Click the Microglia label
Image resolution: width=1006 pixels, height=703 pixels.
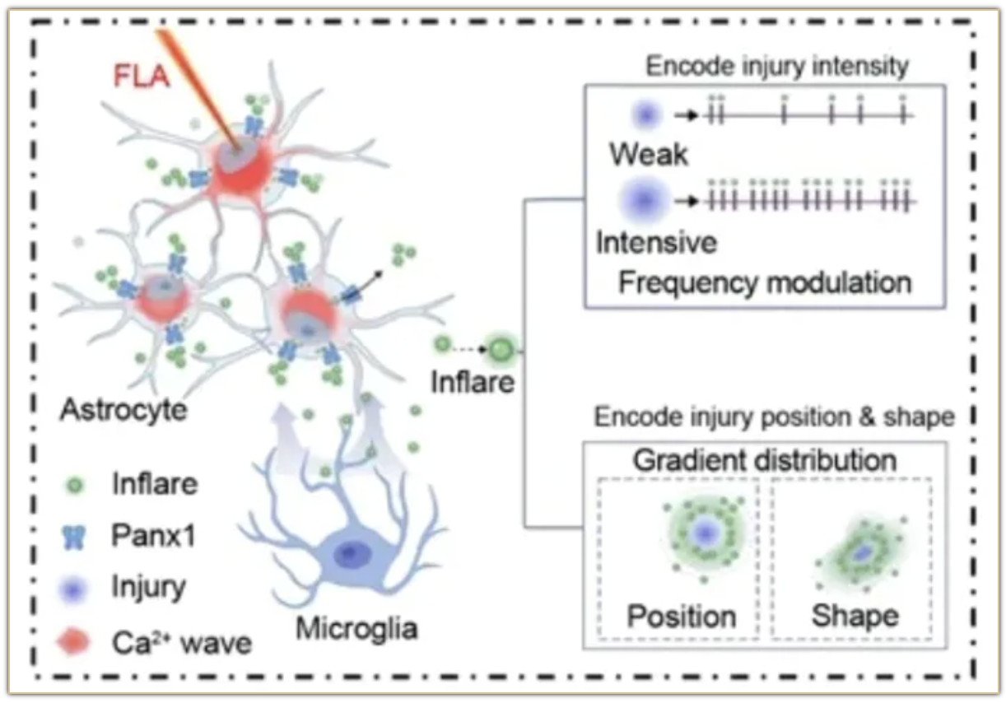click(356, 630)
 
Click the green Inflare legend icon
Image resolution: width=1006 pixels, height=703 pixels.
click(77, 485)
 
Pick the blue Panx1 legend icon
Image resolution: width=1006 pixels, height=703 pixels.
click(77, 537)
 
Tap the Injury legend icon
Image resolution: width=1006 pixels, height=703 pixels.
click(77, 589)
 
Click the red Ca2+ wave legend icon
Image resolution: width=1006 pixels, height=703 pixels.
click(77, 641)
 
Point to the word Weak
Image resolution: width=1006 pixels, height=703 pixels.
click(649, 154)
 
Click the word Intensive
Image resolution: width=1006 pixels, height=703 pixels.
click(656, 243)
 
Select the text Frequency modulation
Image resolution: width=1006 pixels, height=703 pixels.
click(765, 283)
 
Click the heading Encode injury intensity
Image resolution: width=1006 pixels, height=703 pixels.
click(777, 66)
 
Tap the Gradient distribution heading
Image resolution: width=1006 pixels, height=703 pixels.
click(765, 460)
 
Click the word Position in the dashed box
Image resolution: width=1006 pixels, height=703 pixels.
click(682, 616)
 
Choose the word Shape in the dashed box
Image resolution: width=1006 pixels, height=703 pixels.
click(855, 616)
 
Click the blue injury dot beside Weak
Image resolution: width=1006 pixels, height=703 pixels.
click(646, 116)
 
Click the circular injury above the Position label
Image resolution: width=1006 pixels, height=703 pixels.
click(704, 534)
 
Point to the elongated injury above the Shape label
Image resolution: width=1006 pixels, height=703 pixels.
click(861, 554)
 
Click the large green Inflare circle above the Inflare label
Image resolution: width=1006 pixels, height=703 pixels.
click(499, 351)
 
